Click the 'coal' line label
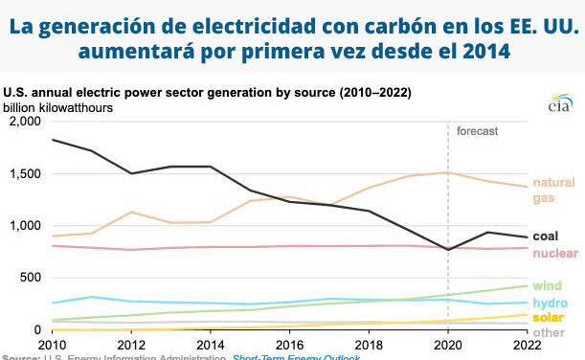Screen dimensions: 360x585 pyautogui.click(x=545, y=236)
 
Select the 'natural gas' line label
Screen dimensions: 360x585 pyautogui.click(x=552, y=191)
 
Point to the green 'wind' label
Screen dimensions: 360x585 pyautogui.click(x=547, y=285)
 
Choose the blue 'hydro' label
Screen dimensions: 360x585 pyautogui.click(x=550, y=303)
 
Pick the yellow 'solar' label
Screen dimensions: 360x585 pyautogui.click(x=549, y=317)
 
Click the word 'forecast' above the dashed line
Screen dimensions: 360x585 pyautogui.click(x=477, y=130)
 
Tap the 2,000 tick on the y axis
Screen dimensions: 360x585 pyautogui.click(x=24, y=123)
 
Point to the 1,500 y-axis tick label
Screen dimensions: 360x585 pyautogui.click(x=24, y=174)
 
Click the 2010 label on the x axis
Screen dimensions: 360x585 pyautogui.click(x=53, y=343)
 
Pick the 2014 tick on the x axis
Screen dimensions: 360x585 pyautogui.click(x=209, y=343)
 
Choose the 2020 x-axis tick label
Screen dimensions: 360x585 pyautogui.click(x=447, y=343)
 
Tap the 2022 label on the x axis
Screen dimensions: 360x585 pyautogui.click(x=526, y=343)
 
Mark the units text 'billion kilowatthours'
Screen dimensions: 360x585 pyautogui.click(x=58, y=107)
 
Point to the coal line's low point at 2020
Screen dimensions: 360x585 pyautogui.click(x=448, y=250)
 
